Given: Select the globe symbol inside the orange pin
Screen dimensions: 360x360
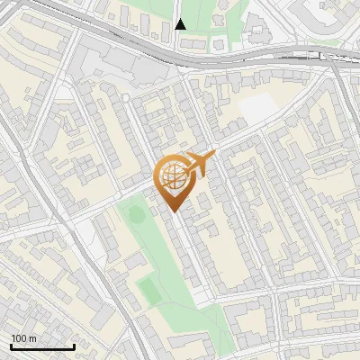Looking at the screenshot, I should point(173,176).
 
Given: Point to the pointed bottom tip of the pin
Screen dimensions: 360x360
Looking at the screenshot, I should point(174,212).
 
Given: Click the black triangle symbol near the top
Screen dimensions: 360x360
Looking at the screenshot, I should point(180,24).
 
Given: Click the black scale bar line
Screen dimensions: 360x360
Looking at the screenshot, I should point(42,346).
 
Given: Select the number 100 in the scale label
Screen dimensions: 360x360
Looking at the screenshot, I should point(20,338).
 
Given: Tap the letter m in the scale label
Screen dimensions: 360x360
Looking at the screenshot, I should point(33,338).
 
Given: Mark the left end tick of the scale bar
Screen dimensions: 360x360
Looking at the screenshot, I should point(11,345).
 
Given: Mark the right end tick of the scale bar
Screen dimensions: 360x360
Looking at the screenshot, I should point(74,345).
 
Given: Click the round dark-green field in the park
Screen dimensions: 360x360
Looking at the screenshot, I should point(136,214).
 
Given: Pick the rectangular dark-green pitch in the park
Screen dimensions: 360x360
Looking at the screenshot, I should point(148,289).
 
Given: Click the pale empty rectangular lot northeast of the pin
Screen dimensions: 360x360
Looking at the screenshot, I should point(258,107).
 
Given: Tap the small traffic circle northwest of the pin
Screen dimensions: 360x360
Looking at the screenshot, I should point(126,96).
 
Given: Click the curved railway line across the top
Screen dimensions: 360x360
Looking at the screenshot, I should point(225,57).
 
